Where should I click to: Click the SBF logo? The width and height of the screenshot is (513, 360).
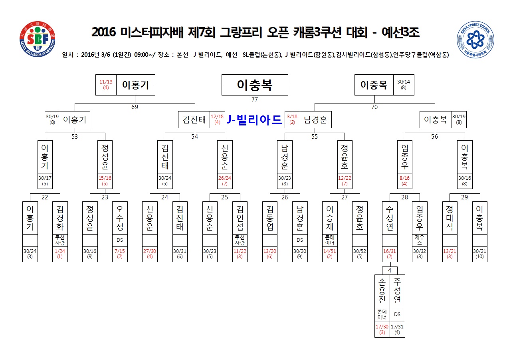click(38, 39)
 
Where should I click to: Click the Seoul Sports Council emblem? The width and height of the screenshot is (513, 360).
click(475, 40)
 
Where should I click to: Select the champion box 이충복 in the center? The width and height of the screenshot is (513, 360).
click(255, 85)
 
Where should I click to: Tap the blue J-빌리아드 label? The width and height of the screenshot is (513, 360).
click(254, 119)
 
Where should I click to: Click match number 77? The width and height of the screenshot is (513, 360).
click(255, 99)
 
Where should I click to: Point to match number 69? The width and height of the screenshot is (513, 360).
click(135, 107)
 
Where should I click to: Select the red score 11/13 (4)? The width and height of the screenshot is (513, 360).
click(106, 85)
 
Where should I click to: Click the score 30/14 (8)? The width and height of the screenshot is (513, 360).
click(404, 85)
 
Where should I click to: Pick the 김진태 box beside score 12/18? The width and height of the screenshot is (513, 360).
click(194, 119)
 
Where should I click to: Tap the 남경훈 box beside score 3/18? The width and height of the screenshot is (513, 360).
click(316, 119)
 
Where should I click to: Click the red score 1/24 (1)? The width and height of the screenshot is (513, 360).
click(60, 254)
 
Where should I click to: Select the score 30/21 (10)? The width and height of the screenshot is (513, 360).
click(479, 254)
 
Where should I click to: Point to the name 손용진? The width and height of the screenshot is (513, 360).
click(382, 290)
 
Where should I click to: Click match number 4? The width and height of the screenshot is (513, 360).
click(390, 270)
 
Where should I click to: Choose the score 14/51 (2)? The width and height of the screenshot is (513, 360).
click(329, 254)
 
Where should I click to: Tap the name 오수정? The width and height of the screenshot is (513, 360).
click(120, 218)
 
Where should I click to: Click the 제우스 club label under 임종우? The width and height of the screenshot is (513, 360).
click(420, 240)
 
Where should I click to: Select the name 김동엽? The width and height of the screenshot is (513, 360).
click(270, 218)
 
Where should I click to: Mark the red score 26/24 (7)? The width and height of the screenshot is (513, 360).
click(225, 181)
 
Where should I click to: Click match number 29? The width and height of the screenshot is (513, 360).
click(464, 197)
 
